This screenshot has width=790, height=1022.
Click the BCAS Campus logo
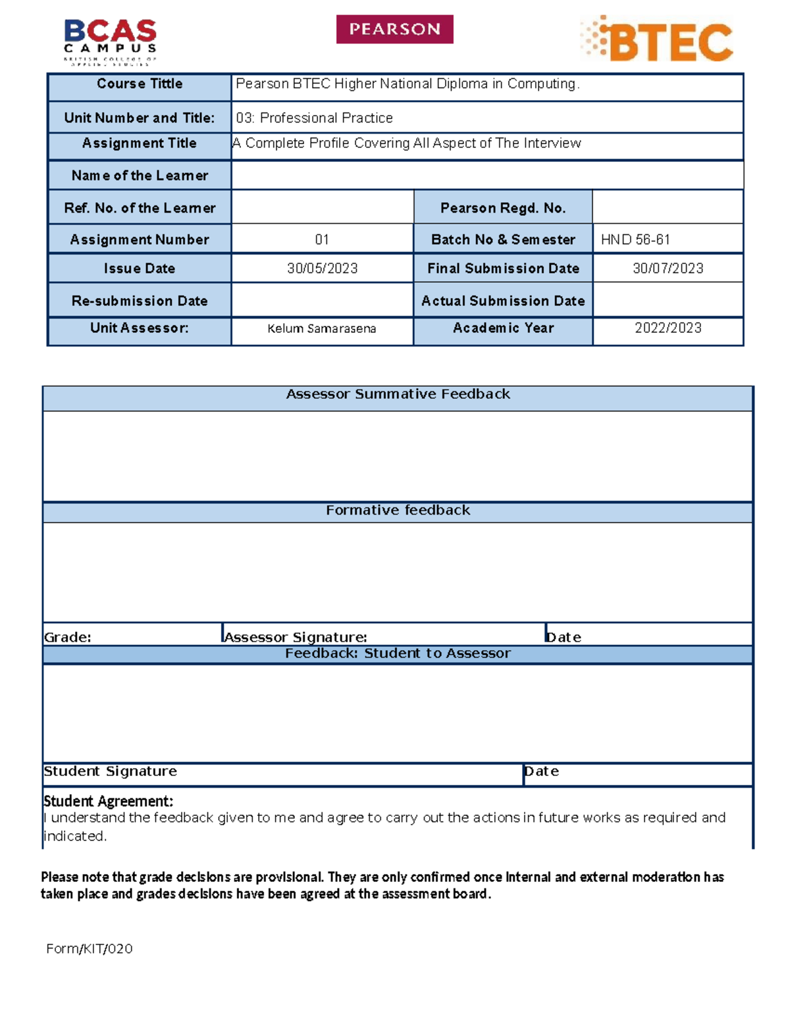click(x=110, y=41)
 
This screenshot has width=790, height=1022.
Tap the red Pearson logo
click(x=394, y=30)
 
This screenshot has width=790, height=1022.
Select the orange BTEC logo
click(x=657, y=39)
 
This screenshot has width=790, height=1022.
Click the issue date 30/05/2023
click(x=322, y=268)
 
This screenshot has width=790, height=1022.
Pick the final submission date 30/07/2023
click(x=668, y=268)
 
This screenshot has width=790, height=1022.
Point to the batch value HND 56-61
click(x=635, y=240)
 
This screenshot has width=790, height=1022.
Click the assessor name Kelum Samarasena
click(x=322, y=328)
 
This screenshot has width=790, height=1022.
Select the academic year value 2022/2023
click(x=668, y=328)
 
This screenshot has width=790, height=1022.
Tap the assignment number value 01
click(x=322, y=240)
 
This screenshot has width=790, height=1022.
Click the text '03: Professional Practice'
click(x=314, y=118)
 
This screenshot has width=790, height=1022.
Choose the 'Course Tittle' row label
click(x=140, y=84)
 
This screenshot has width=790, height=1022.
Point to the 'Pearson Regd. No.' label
click(x=503, y=208)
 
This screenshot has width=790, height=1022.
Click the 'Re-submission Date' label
click(x=140, y=301)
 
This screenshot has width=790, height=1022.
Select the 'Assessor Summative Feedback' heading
click(x=398, y=394)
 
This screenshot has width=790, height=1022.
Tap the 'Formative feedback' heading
click(x=398, y=510)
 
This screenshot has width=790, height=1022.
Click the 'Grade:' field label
click(x=68, y=637)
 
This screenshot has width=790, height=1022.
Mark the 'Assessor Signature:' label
click(x=296, y=637)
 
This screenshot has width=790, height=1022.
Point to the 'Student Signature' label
click(x=111, y=771)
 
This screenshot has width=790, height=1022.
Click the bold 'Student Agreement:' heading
click(x=109, y=801)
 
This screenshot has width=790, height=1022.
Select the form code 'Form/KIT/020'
click(x=90, y=948)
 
